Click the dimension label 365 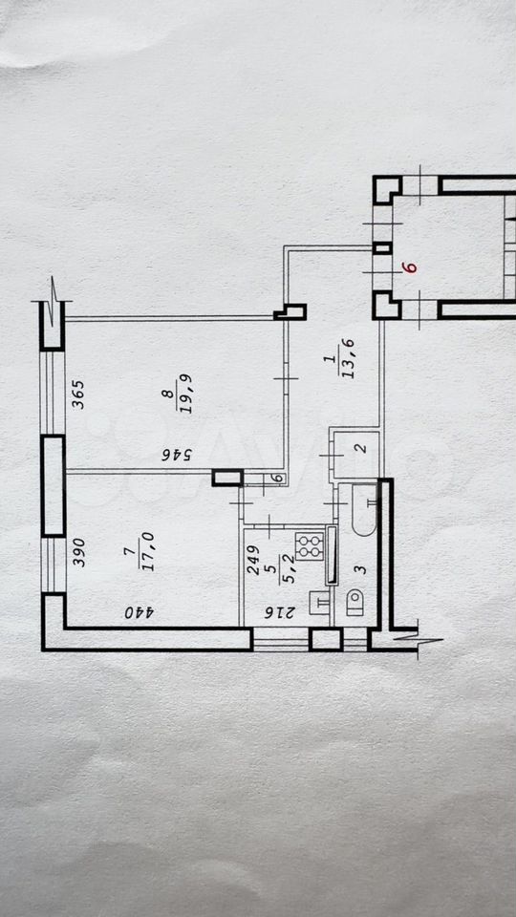pyautogui.click(x=79, y=395)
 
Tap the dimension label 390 pyautogui.click(x=79, y=552)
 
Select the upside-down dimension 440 pyautogui.click(x=139, y=613)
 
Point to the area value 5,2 pyautogui.click(x=287, y=570)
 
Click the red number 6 pyautogui.click(x=411, y=267)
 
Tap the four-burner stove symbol pyautogui.click(x=311, y=545)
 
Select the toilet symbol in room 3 pyautogui.click(x=355, y=603)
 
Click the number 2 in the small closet pyautogui.click(x=361, y=449)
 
